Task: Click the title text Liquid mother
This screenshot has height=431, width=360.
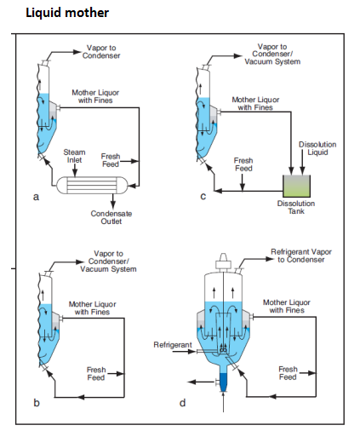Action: tap(67, 13)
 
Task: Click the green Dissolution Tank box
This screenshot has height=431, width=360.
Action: tap(296, 186)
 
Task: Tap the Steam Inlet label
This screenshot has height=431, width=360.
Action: tap(74, 156)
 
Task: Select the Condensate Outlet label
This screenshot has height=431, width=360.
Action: tap(111, 217)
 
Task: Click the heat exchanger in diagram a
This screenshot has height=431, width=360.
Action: tap(93, 185)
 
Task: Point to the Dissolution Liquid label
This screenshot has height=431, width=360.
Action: tap(317, 148)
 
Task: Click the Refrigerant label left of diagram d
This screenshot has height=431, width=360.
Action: tap(173, 345)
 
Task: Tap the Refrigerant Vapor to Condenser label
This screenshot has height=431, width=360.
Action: tap(301, 256)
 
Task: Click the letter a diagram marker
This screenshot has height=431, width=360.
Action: tap(36, 197)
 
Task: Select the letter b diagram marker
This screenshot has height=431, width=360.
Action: tap(37, 403)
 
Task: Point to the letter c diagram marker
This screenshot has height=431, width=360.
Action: tap(203, 197)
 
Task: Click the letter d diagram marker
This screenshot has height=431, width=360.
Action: tap(182, 403)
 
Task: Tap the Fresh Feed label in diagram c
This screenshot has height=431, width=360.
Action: tap(243, 164)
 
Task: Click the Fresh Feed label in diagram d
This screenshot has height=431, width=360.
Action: tap(288, 373)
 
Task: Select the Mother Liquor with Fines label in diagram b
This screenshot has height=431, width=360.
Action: tap(92, 308)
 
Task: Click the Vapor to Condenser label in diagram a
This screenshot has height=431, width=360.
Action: tap(101, 52)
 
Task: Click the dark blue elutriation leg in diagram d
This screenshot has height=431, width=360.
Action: tap(224, 382)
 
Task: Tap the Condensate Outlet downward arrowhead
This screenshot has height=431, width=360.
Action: tap(113, 205)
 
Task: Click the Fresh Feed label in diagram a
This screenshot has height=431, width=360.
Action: tap(111, 160)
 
